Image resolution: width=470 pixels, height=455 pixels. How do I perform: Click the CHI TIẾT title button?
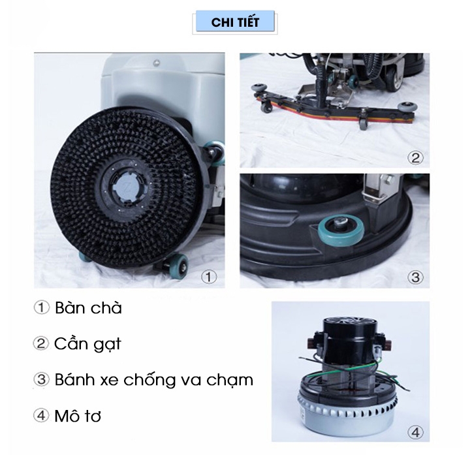[x=235, y=22]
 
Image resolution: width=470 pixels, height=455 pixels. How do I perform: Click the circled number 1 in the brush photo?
[x=208, y=276]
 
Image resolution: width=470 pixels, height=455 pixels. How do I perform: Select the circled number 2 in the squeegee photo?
[x=415, y=157]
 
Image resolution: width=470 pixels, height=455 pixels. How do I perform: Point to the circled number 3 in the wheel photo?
[x=416, y=276]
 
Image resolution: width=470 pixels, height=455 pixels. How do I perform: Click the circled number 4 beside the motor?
[x=415, y=431]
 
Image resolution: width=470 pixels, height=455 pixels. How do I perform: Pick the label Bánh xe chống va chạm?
[x=154, y=379]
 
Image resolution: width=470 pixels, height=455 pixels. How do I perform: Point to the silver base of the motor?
[x=345, y=405]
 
